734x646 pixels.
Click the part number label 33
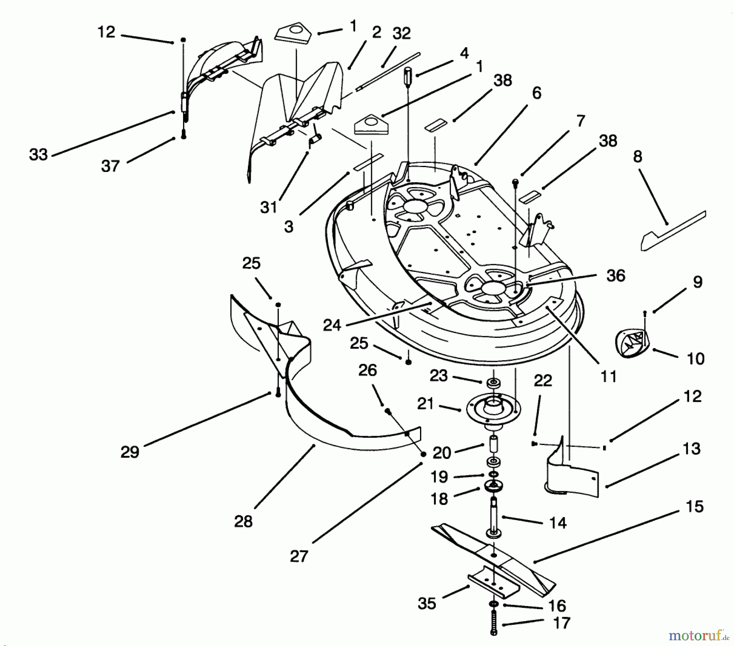(38, 154)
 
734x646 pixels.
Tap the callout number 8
(637, 156)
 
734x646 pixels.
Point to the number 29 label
(130, 452)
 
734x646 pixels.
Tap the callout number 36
(616, 276)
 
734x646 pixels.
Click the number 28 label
(243, 521)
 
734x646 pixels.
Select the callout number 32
(401, 33)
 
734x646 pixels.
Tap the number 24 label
(332, 325)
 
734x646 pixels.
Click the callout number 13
(692, 449)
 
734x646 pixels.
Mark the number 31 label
(268, 207)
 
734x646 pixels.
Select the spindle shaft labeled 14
(494, 516)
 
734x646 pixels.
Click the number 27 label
(299, 556)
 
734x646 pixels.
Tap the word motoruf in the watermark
(689, 635)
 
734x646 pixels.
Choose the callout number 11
(608, 377)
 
